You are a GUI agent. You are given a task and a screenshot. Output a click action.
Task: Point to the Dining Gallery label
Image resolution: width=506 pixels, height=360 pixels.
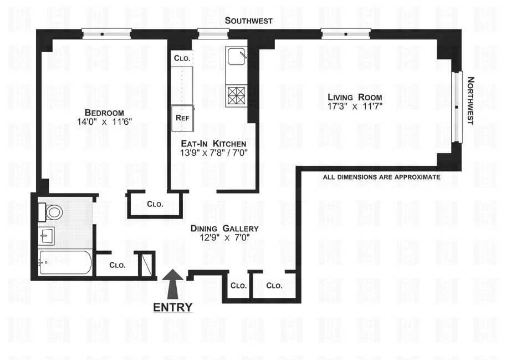tap(224, 229)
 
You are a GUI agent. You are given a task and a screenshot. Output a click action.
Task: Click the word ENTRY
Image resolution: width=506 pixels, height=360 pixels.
tap(173, 307)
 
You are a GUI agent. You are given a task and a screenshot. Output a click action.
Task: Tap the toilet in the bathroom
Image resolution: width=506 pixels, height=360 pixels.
tap(52, 211)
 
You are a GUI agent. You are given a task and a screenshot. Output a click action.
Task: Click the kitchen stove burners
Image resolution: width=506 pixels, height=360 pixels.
tap(236, 95)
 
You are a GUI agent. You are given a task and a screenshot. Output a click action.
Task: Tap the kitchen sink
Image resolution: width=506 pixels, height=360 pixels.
tap(236, 57)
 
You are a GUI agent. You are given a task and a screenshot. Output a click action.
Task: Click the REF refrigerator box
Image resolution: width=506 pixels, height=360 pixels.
tap(182, 118)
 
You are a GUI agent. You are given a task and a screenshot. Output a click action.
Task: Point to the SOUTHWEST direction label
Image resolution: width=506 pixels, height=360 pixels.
tap(248, 21)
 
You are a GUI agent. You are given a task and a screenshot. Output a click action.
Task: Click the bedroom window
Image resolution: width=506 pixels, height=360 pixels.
tap(106, 34)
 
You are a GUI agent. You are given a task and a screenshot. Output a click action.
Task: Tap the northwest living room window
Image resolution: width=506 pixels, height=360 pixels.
tap(456, 107)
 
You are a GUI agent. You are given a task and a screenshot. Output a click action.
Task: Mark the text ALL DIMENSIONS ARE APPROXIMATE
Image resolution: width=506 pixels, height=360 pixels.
tap(381, 178)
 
